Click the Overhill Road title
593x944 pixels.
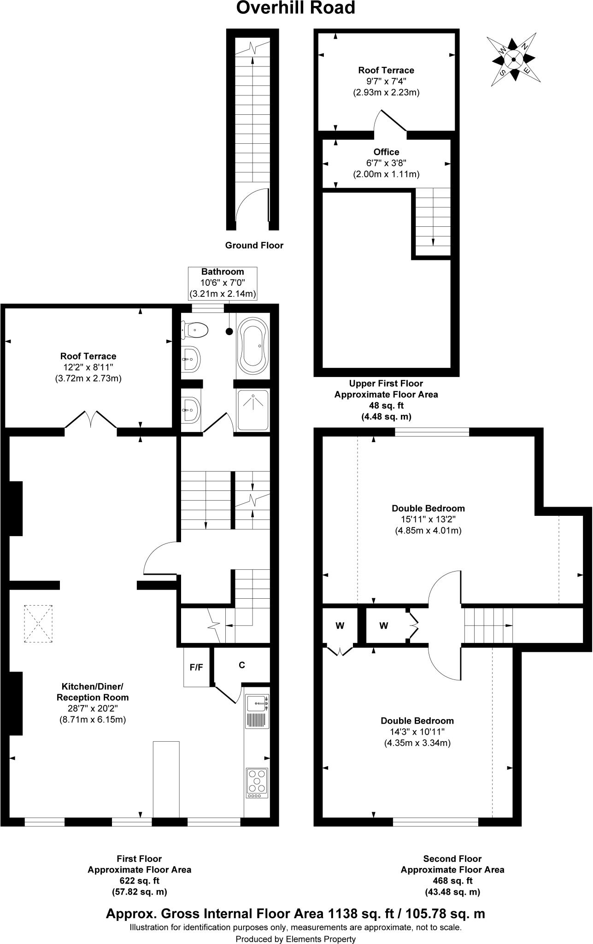pos(296,8)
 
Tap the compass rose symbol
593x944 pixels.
pos(513,59)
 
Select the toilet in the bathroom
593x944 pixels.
pos(195,330)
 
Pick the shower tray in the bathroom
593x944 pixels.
pos(252,410)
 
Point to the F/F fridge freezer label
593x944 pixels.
pos(197,667)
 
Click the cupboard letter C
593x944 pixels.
pos(241,665)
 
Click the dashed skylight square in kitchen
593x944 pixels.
pos(38,624)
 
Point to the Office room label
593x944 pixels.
pos(386,152)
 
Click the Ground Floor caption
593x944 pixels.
pos(254,246)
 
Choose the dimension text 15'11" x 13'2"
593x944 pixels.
pos(428,519)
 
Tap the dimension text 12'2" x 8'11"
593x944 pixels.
pos(88,367)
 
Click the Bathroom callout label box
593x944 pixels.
pos(223,283)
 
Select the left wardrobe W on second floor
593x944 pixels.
pos(340,625)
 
